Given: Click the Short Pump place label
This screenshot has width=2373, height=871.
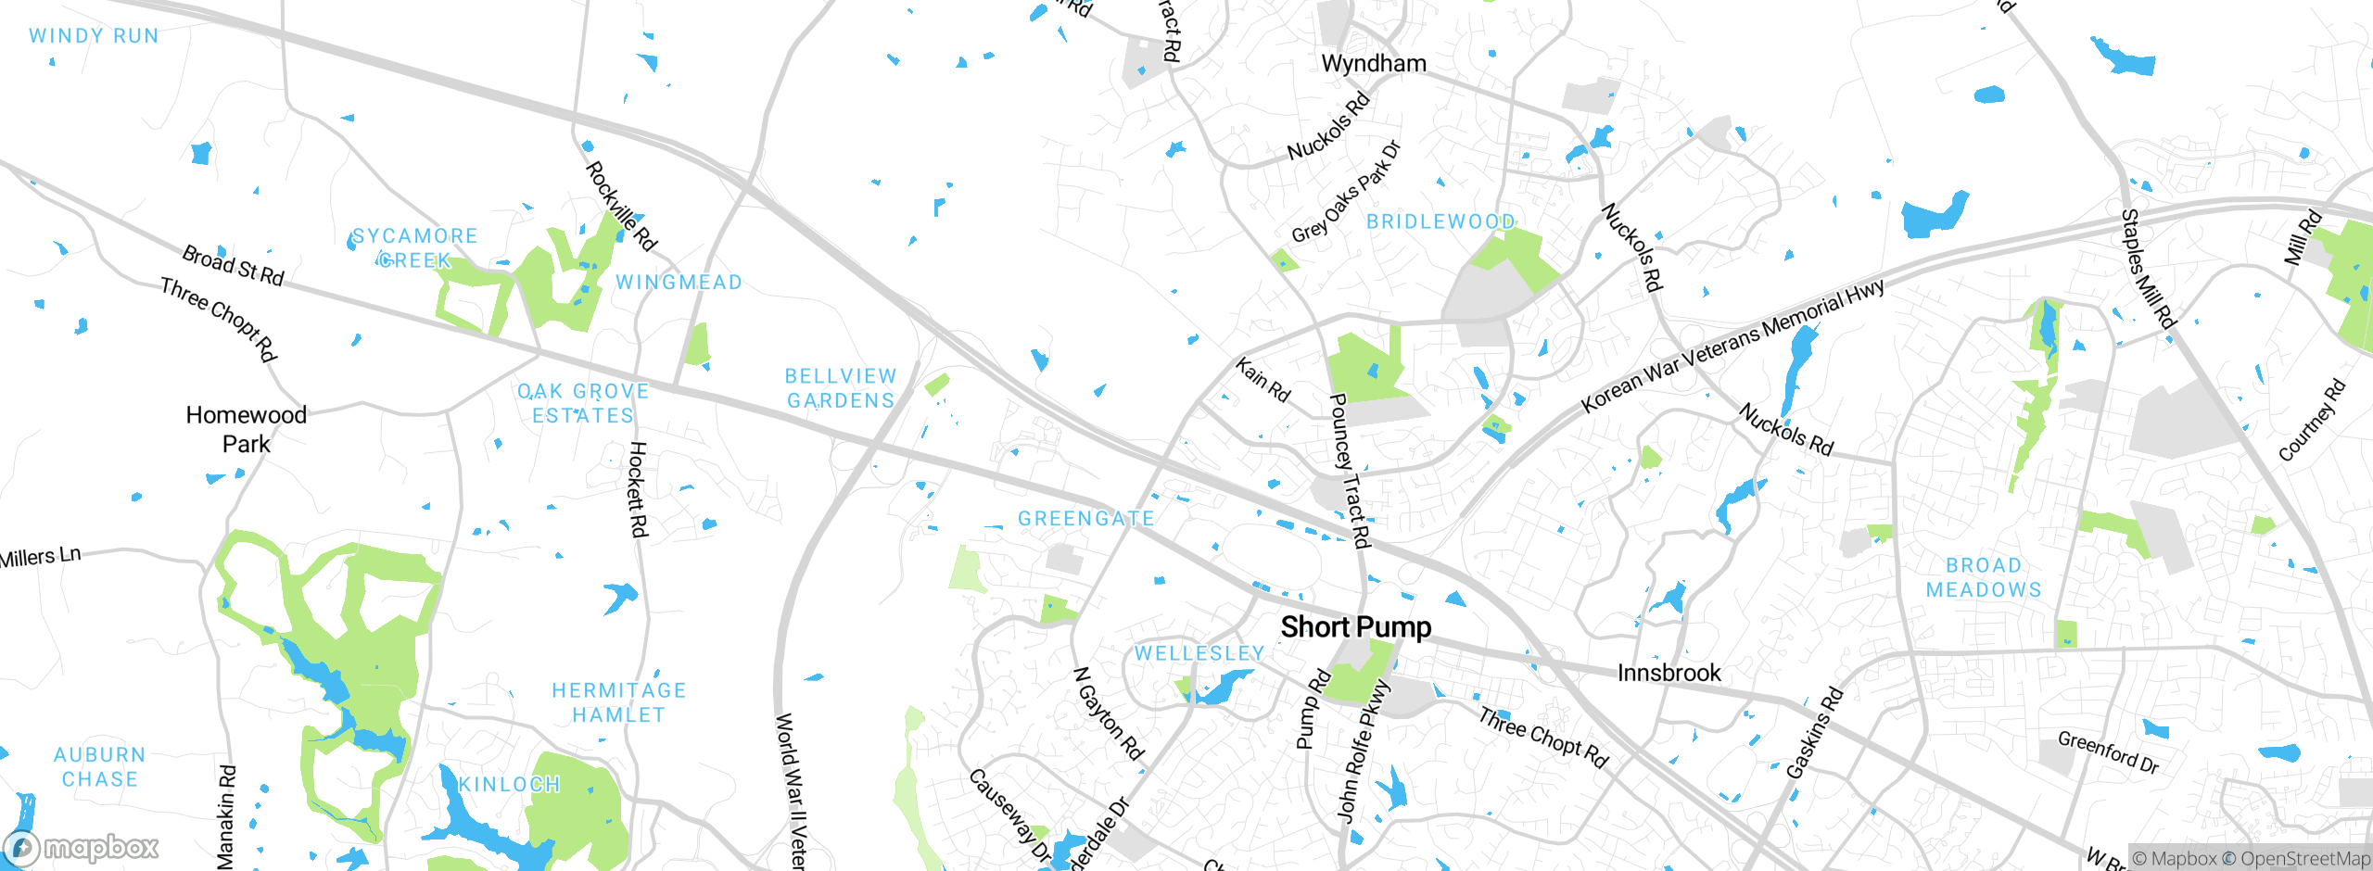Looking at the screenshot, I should click(1355, 627).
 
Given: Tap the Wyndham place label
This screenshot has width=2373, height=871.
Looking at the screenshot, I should click(1373, 64).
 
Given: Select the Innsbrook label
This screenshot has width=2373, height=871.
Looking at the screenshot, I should click(1669, 673).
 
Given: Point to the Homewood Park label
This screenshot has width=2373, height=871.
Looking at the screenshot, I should click(246, 429).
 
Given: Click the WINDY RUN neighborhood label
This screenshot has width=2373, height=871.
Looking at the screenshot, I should click(94, 36).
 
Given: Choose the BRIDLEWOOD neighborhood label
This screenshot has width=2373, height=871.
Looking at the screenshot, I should click(1440, 221).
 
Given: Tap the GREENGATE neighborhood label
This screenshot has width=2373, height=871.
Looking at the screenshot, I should click(1085, 519).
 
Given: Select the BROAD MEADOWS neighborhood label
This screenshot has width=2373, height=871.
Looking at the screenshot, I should click(1984, 577).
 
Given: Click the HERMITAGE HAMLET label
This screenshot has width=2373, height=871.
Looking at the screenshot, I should click(618, 702).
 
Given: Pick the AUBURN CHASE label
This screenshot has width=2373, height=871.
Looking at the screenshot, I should click(99, 767).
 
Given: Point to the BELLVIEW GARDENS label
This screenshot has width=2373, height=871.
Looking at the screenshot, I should click(841, 388).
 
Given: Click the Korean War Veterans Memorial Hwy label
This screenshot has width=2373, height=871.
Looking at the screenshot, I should click(1732, 346).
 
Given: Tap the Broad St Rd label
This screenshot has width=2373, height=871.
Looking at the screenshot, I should click(233, 265).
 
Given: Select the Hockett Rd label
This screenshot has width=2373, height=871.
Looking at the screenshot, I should click(638, 488).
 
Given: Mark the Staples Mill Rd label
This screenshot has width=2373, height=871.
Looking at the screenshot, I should click(2147, 269).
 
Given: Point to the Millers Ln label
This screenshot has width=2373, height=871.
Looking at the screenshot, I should click(41, 557).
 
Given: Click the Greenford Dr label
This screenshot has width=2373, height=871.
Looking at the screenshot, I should click(2108, 751).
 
